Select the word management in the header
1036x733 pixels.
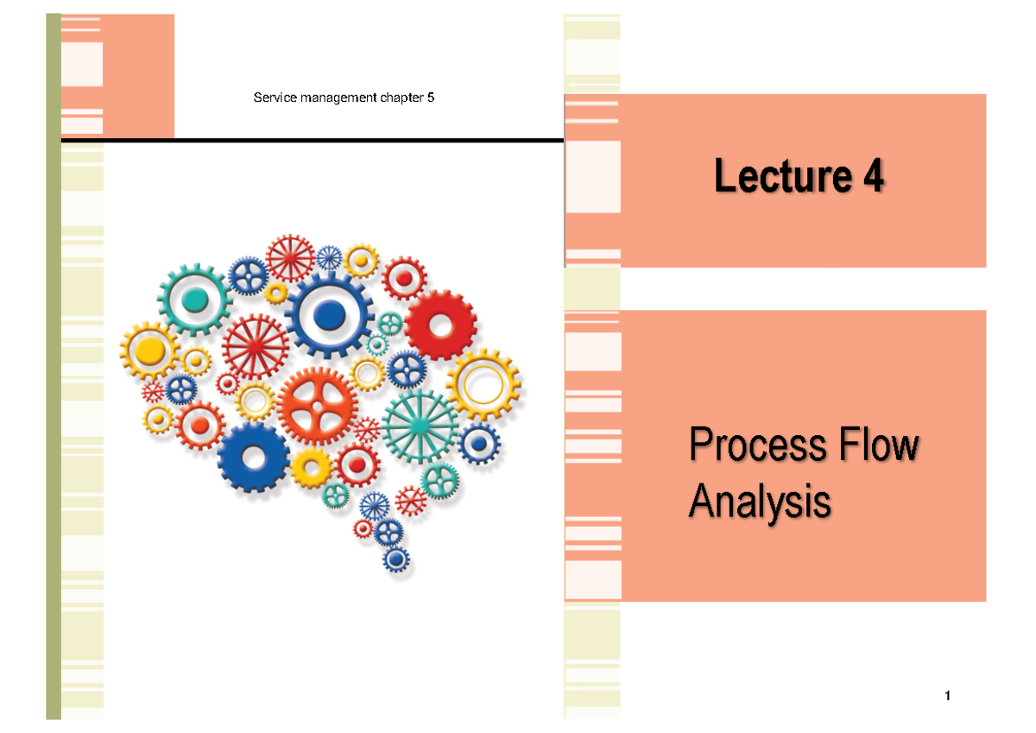(x=332, y=98)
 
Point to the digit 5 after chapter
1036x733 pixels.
(x=431, y=98)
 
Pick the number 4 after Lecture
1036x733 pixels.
(x=871, y=177)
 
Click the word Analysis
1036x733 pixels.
(x=761, y=502)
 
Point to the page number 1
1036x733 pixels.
(x=947, y=697)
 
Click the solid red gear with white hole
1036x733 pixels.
(x=440, y=325)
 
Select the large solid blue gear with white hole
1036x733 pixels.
(x=253, y=457)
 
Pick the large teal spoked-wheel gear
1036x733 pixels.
(x=420, y=425)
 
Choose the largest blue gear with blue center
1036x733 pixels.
(x=328, y=317)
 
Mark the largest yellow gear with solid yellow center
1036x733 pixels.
(x=151, y=351)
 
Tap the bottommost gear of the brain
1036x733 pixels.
(x=396, y=559)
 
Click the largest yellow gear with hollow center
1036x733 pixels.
(x=483, y=388)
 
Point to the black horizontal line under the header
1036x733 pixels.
(x=311, y=139)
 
